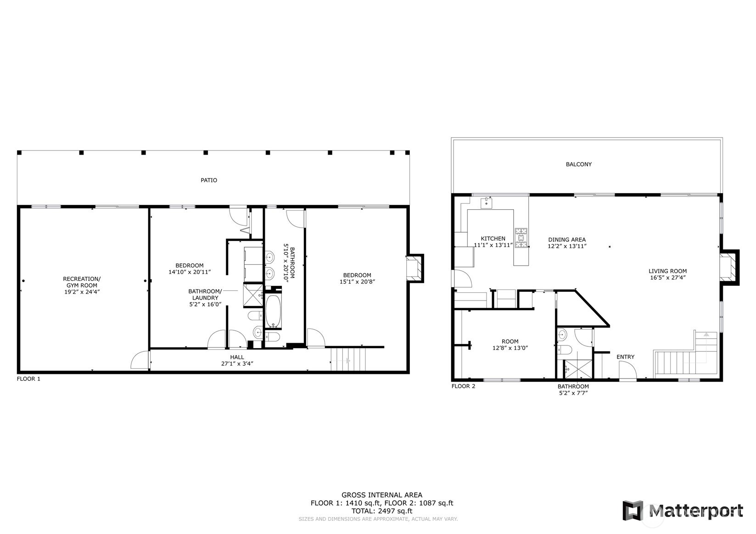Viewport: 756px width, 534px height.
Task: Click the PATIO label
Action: click(x=208, y=180)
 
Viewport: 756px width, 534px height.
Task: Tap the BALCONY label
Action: click(x=578, y=164)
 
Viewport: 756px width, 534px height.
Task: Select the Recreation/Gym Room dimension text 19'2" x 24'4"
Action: click(x=81, y=292)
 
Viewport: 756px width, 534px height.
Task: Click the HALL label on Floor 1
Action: click(x=237, y=357)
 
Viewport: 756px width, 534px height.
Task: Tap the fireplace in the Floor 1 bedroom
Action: click(x=414, y=267)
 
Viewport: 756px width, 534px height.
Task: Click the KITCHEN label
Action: click(x=493, y=239)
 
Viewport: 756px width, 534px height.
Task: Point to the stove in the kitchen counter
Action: click(x=521, y=238)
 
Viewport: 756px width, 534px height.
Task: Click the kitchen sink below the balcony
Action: click(x=487, y=203)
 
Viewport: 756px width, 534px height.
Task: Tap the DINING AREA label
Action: click(x=567, y=239)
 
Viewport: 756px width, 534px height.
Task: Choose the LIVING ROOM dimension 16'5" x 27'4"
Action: click(x=667, y=278)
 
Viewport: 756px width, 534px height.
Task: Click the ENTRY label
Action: click(x=625, y=357)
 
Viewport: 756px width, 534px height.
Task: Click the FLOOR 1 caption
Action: click(x=28, y=379)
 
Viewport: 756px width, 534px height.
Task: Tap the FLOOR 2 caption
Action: click(x=463, y=386)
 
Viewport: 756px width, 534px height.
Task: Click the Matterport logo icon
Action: click(x=633, y=511)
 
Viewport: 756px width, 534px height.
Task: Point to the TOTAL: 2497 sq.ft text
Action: click(x=381, y=511)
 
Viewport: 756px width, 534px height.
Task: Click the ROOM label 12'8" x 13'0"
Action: click(x=510, y=341)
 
